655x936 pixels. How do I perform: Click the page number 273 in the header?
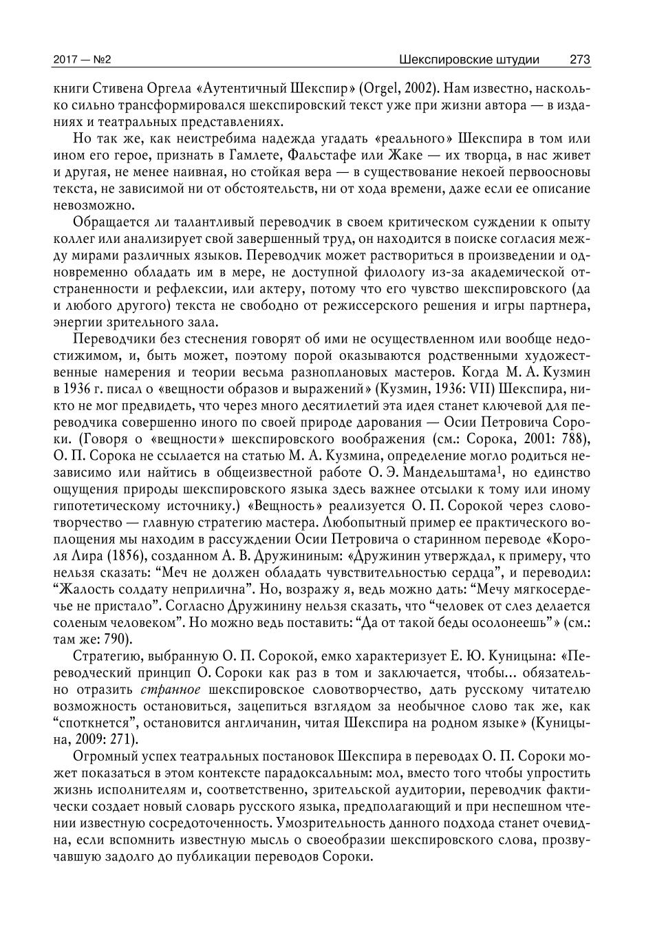[579, 60]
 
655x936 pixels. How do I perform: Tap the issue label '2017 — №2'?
[82, 60]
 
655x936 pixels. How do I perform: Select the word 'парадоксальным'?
[316, 773]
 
